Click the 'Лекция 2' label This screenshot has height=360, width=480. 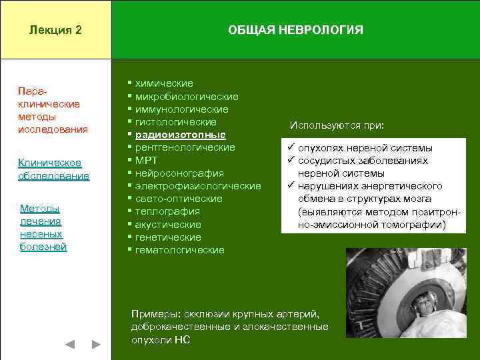[x=56, y=30]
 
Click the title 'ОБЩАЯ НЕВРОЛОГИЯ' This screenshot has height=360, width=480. [x=295, y=30]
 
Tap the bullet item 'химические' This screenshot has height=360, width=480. [x=164, y=83]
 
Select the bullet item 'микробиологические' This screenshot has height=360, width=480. [x=187, y=97]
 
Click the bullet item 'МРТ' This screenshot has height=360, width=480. [x=147, y=161]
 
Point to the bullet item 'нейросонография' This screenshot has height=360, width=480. [x=179, y=173]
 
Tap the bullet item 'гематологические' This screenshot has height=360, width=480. [x=179, y=250]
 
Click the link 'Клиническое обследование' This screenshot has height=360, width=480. [x=53, y=169]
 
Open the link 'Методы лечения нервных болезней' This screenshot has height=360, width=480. [x=43, y=227]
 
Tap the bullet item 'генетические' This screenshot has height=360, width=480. [x=168, y=237]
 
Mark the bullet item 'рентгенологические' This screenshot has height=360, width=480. [x=185, y=147]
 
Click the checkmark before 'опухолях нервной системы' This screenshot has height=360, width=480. [x=291, y=147]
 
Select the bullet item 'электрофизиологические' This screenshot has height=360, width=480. [x=198, y=186]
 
